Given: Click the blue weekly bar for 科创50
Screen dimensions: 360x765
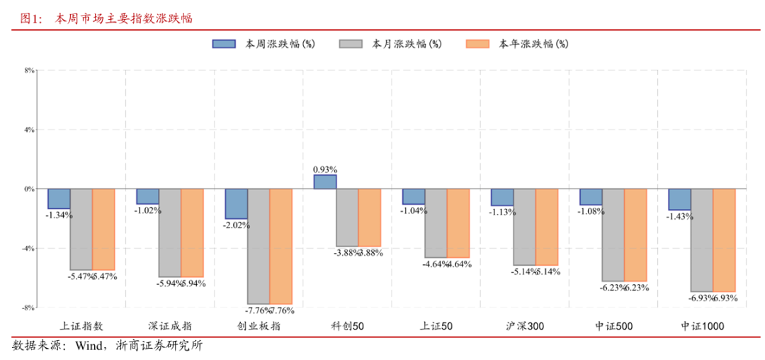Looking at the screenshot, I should tap(324, 182).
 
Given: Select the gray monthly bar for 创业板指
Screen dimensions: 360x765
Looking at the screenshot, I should tap(259, 246).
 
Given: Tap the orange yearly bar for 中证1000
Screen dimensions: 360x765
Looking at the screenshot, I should tap(724, 240).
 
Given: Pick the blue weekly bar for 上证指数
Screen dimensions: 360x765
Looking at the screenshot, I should tap(59, 199).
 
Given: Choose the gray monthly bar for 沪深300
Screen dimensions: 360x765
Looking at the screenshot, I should tap(525, 227).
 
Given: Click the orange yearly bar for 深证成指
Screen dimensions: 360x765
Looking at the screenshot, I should tap(192, 232).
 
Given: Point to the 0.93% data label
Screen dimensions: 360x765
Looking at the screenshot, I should tap(324, 170).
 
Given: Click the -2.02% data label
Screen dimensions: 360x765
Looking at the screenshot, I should tap(237, 225).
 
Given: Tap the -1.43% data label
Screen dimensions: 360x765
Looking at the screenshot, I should tap(680, 217).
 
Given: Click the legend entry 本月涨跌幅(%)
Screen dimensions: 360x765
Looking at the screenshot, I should tap(390, 44).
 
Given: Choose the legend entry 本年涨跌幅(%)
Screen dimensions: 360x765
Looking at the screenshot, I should tap(516, 44).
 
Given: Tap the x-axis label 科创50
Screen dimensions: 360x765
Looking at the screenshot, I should tap(347, 326).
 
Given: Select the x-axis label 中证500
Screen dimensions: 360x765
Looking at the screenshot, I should tap(613, 326).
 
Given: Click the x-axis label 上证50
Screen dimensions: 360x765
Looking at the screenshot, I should tap(436, 326).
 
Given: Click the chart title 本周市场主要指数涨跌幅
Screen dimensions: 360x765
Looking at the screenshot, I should tap(123, 18).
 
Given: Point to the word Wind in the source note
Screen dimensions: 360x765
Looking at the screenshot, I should tap(89, 347).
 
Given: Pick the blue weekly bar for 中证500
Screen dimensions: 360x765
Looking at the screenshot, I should tap(591, 197).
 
